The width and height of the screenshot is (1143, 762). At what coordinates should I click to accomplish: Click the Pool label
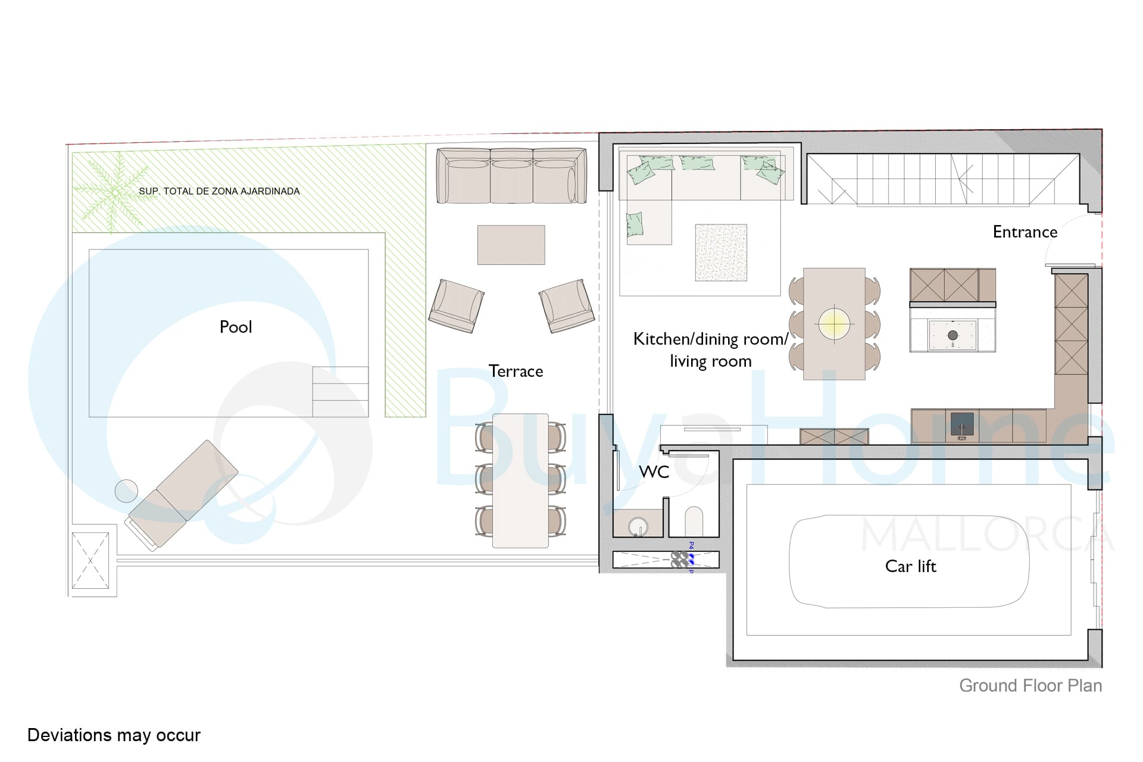pyautogui.click(x=236, y=327)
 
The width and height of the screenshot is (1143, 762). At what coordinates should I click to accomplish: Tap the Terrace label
pyautogui.click(x=516, y=371)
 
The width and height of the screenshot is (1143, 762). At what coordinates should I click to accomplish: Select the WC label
pyautogui.click(x=654, y=471)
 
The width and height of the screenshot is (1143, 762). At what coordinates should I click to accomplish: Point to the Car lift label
pyautogui.click(x=910, y=566)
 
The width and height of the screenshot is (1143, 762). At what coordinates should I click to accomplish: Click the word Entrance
pyautogui.click(x=1025, y=232)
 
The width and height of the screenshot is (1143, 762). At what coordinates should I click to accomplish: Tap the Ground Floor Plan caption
pyautogui.click(x=1030, y=686)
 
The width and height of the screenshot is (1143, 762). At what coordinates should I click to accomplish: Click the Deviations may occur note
pyautogui.click(x=114, y=735)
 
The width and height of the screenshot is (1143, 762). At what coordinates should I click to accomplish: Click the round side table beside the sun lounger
pyautogui.click(x=126, y=491)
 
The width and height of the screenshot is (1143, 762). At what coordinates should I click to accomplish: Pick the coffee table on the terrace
pyautogui.click(x=511, y=245)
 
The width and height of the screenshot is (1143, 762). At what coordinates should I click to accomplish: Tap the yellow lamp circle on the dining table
pyautogui.click(x=834, y=323)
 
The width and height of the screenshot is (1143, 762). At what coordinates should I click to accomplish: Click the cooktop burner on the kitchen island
pyautogui.click(x=952, y=335)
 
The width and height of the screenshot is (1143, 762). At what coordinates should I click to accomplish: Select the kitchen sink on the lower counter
pyautogui.click(x=961, y=424)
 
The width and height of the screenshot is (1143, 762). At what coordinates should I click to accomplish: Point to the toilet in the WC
pyautogui.click(x=694, y=521)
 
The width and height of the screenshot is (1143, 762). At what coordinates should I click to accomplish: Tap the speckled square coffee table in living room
pyautogui.click(x=721, y=252)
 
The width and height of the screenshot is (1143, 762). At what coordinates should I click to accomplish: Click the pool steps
pyautogui.click(x=341, y=392)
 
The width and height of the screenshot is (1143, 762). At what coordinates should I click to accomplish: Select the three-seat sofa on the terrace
pyautogui.click(x=511, y=176)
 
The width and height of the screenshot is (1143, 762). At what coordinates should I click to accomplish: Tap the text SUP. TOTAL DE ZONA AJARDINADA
pyautogui.click(x=219, y=191)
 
